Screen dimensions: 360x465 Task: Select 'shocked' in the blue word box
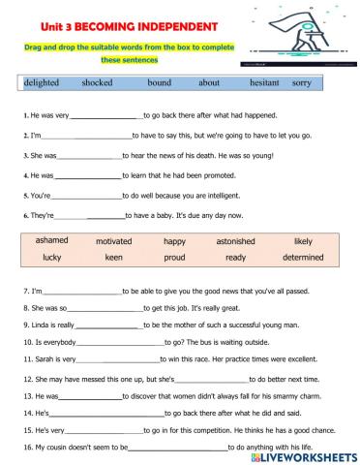point(98,83)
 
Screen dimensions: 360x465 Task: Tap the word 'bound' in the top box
point(160,83)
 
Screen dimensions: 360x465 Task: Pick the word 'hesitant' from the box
point(264,83)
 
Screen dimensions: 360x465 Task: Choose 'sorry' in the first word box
point(302,83)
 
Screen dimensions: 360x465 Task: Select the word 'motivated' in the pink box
point(114,240)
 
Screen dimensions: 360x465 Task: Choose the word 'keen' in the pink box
point(114,258)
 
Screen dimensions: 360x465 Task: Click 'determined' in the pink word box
point(302,258)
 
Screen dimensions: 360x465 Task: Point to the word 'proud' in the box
point(174,258)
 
